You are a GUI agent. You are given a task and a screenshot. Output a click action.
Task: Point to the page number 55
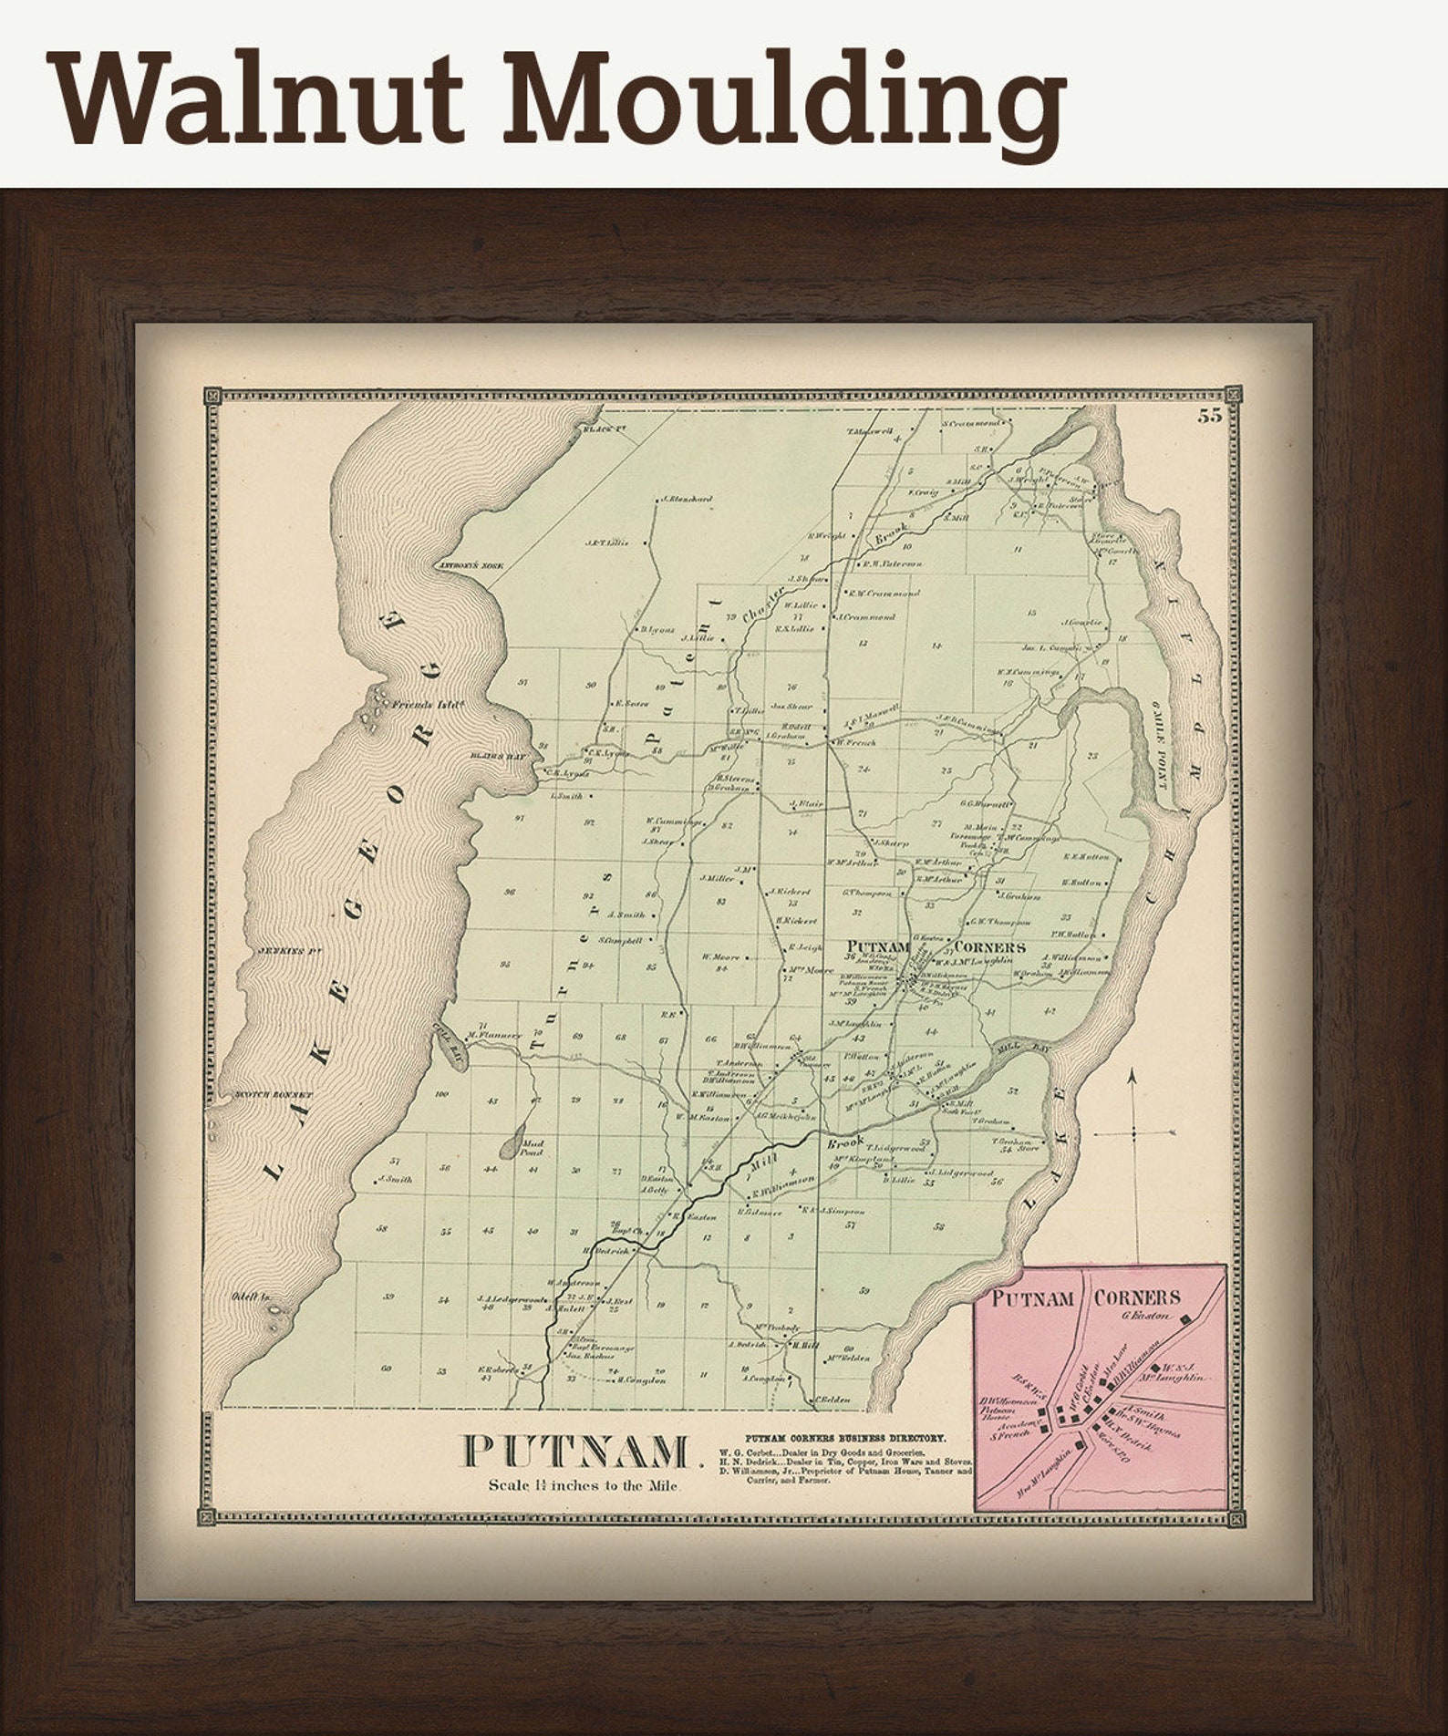1210,418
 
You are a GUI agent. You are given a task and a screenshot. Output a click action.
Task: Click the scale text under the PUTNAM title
580,1485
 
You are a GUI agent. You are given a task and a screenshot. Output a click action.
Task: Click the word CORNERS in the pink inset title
1137,1297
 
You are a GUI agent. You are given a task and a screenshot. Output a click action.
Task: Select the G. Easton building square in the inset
1186,1319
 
